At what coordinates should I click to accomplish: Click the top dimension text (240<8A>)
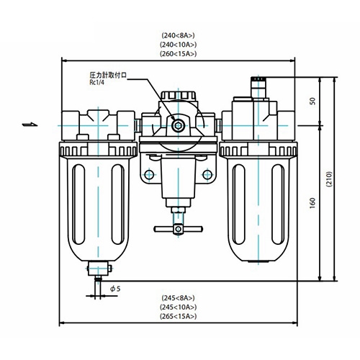178,35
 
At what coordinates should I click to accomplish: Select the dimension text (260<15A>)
178,54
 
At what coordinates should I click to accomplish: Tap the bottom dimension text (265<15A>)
178,316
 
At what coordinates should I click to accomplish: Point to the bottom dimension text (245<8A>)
178,298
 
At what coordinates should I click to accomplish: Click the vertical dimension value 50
312,101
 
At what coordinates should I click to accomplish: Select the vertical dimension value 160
312,203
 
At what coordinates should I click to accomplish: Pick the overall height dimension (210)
329,179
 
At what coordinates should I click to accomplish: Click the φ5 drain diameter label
115,289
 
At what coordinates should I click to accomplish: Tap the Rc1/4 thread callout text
97,83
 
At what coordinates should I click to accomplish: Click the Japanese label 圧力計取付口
108,75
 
